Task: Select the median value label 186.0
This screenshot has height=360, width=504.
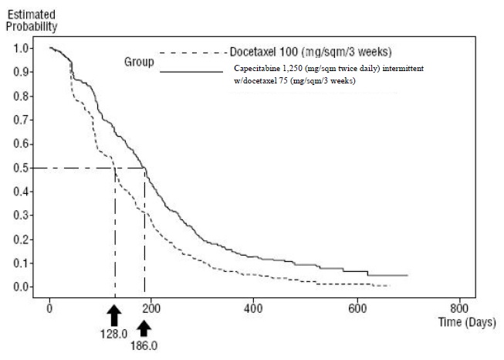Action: click(x=144, y=346)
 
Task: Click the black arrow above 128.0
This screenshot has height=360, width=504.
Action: click(x=114, y=315)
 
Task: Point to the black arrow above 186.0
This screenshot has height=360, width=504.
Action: click(x=144, y=328)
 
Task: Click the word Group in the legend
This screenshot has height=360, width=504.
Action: click(x=140, y=61)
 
